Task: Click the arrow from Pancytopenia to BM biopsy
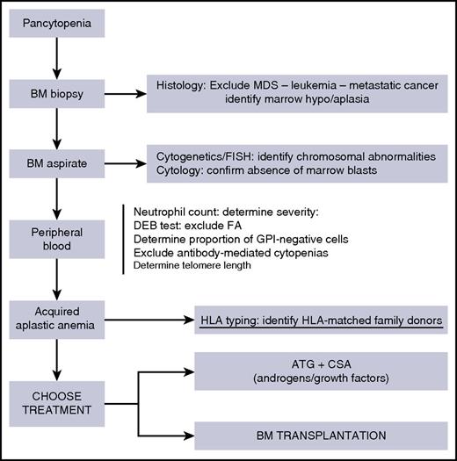[x=55, y=58]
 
